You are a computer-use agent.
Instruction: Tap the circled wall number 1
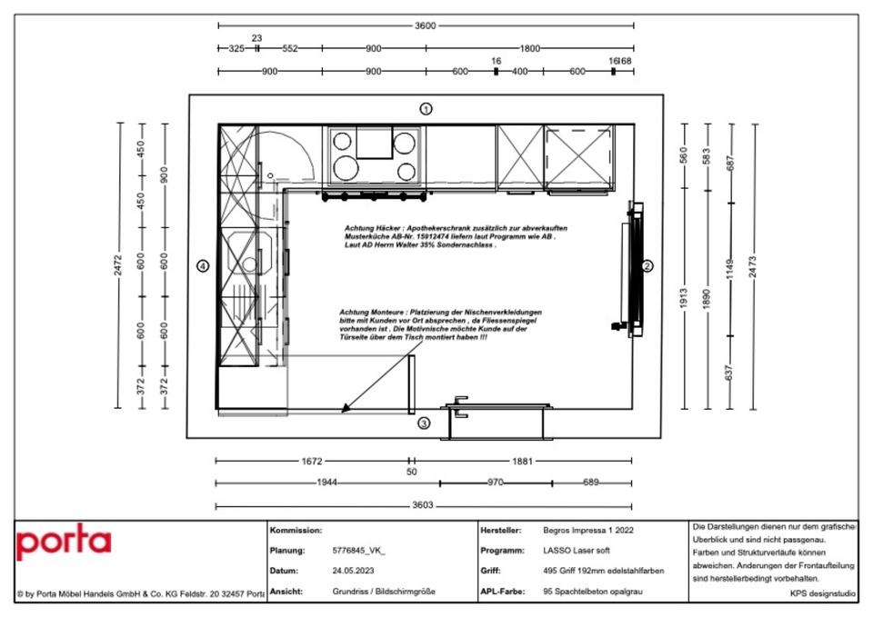[x=426, y=109]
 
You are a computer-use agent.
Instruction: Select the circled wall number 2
[x=647, y=266]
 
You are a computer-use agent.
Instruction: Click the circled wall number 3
[x=424, y=423]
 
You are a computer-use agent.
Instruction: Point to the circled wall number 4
[x=204, y=265]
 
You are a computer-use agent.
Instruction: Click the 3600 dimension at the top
[x=425, y=25]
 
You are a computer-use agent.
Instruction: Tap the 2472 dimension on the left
[x=119, y=265]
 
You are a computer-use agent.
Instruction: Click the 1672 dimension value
[x=311, y=462]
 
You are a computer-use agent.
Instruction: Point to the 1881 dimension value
[x=522, y=462]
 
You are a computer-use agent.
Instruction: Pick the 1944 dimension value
[x=327, y=483]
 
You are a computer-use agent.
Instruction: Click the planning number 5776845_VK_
[x=359, y=551]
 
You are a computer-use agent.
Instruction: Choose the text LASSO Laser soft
[x=578, y=551]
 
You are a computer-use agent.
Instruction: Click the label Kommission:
[x=296, y=530]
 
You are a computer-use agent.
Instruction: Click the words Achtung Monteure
[x=369, y=311]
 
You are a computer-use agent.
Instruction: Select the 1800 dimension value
[x=530, y=48]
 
